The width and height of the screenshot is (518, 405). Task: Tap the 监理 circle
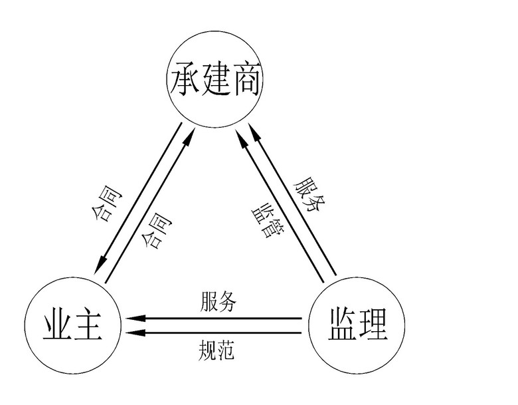pyautogui.click(x=357, y=324)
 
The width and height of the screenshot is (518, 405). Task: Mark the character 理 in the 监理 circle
pyautogui.click(x=373, y=324)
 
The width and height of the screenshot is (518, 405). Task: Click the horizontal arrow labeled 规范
pyautogui.click(x=219, y=333)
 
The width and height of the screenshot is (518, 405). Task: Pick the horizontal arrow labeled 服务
pyautogui.click(x=219, y=319)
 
